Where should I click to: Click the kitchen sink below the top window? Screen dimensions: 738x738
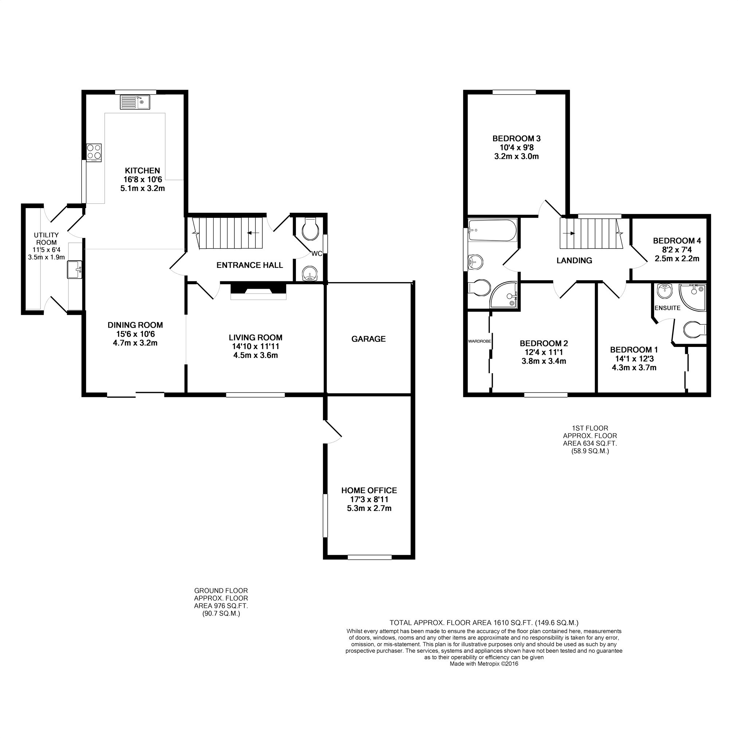pos(135,102)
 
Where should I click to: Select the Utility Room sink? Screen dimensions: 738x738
pos(74,270)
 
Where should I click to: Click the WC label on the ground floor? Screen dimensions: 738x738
pos(317,254)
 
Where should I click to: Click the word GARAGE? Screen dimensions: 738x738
pos(368,339)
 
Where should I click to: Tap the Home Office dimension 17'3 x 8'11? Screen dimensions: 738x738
pos(369,499)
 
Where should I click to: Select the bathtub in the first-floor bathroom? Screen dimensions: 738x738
pos(492,230)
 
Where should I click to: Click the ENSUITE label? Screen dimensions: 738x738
pos(667,308)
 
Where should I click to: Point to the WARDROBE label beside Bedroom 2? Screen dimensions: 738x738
pos(479,341)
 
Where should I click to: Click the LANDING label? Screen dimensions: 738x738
pos(574,261)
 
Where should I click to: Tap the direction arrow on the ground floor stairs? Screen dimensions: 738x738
pos(253,233)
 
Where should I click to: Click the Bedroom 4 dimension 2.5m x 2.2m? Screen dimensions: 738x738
pos(677,259)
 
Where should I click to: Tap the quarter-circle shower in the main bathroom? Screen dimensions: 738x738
pos(505,296)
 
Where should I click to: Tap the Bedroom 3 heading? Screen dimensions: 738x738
pos(516,138)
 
